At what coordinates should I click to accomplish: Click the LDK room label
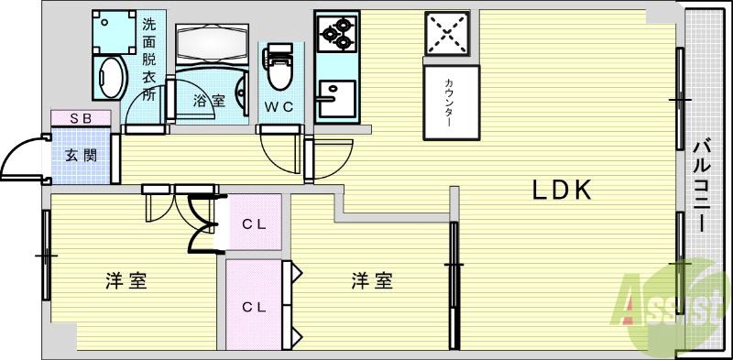click(x=563, y=191)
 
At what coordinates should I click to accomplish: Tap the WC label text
click(x=279, y=106)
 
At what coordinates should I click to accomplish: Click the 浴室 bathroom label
click(x=208, y=101)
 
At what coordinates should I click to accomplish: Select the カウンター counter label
click(x=450, y=101)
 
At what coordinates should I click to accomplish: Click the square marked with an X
click(x=448, y=33)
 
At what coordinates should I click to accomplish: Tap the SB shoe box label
click(x=80, y=117)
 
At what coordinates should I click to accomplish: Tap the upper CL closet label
click(x=254, y=223)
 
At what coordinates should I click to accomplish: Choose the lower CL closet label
click(x=254, y=306)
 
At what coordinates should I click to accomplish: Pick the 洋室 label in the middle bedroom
click(x=372, y=281)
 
